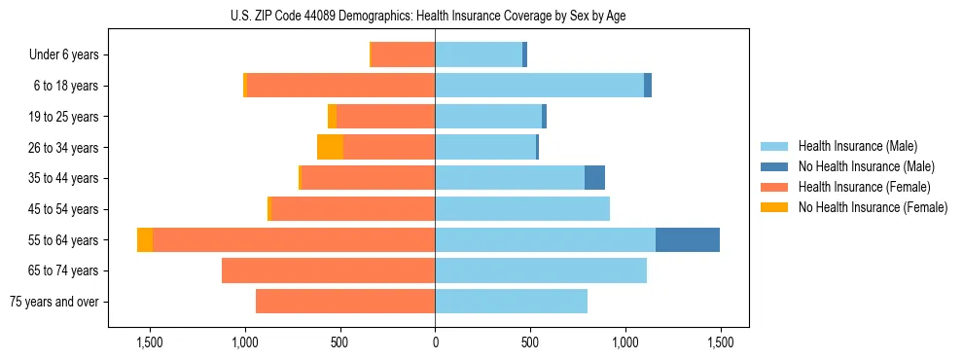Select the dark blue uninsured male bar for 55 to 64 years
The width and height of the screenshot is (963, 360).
click(x=687, y=239)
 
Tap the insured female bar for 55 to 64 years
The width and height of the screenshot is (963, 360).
click(x=294, y=239)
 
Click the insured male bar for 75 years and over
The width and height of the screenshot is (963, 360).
click(x=511, y=302)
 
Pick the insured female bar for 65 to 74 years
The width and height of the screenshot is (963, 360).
click(x=328, y=270)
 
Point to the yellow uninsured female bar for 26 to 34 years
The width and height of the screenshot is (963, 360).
click(x=330, y=147)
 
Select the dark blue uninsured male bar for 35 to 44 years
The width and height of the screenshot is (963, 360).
click(x=594, y=178)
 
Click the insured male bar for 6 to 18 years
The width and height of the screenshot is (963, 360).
click(x=539, y=86)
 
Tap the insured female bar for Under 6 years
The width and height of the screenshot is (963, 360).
click(x=403, y=54)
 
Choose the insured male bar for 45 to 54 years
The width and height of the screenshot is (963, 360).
click(x=522, y=209)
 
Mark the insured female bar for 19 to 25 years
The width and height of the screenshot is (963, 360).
click(x=385, y=117)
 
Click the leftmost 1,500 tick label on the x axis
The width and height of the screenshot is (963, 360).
click(x=150, y=342)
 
